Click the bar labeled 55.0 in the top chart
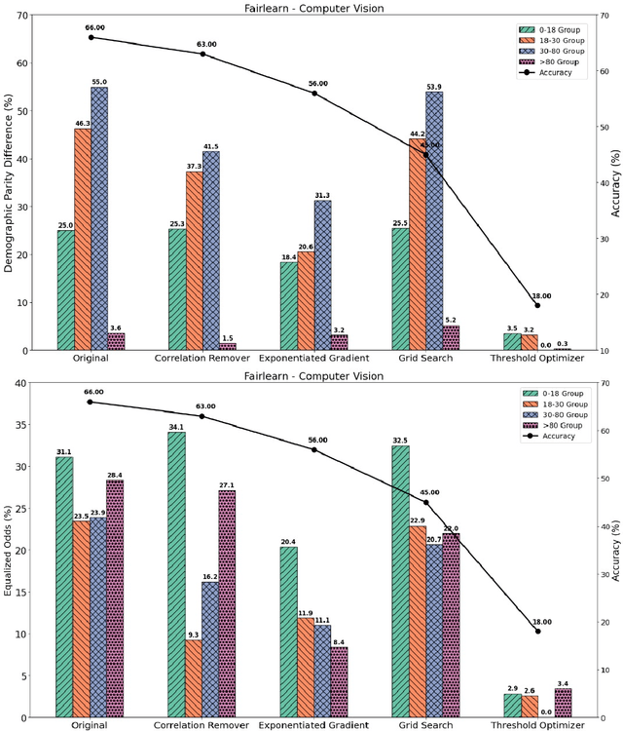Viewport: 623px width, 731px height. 99,218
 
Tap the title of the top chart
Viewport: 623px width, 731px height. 311,9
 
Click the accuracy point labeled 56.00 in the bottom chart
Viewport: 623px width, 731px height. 314,449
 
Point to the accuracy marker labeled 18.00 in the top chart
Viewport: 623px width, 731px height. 537,305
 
